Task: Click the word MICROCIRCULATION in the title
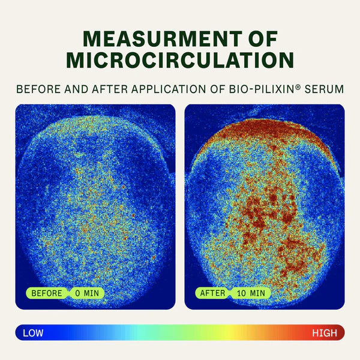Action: click(180, 60)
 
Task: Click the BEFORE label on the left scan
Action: click(46, 293)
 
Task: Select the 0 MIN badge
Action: click(86, 293)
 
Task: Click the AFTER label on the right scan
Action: click(212, 293)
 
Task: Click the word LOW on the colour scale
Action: click(34, 332)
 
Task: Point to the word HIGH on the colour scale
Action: click(325, 332)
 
